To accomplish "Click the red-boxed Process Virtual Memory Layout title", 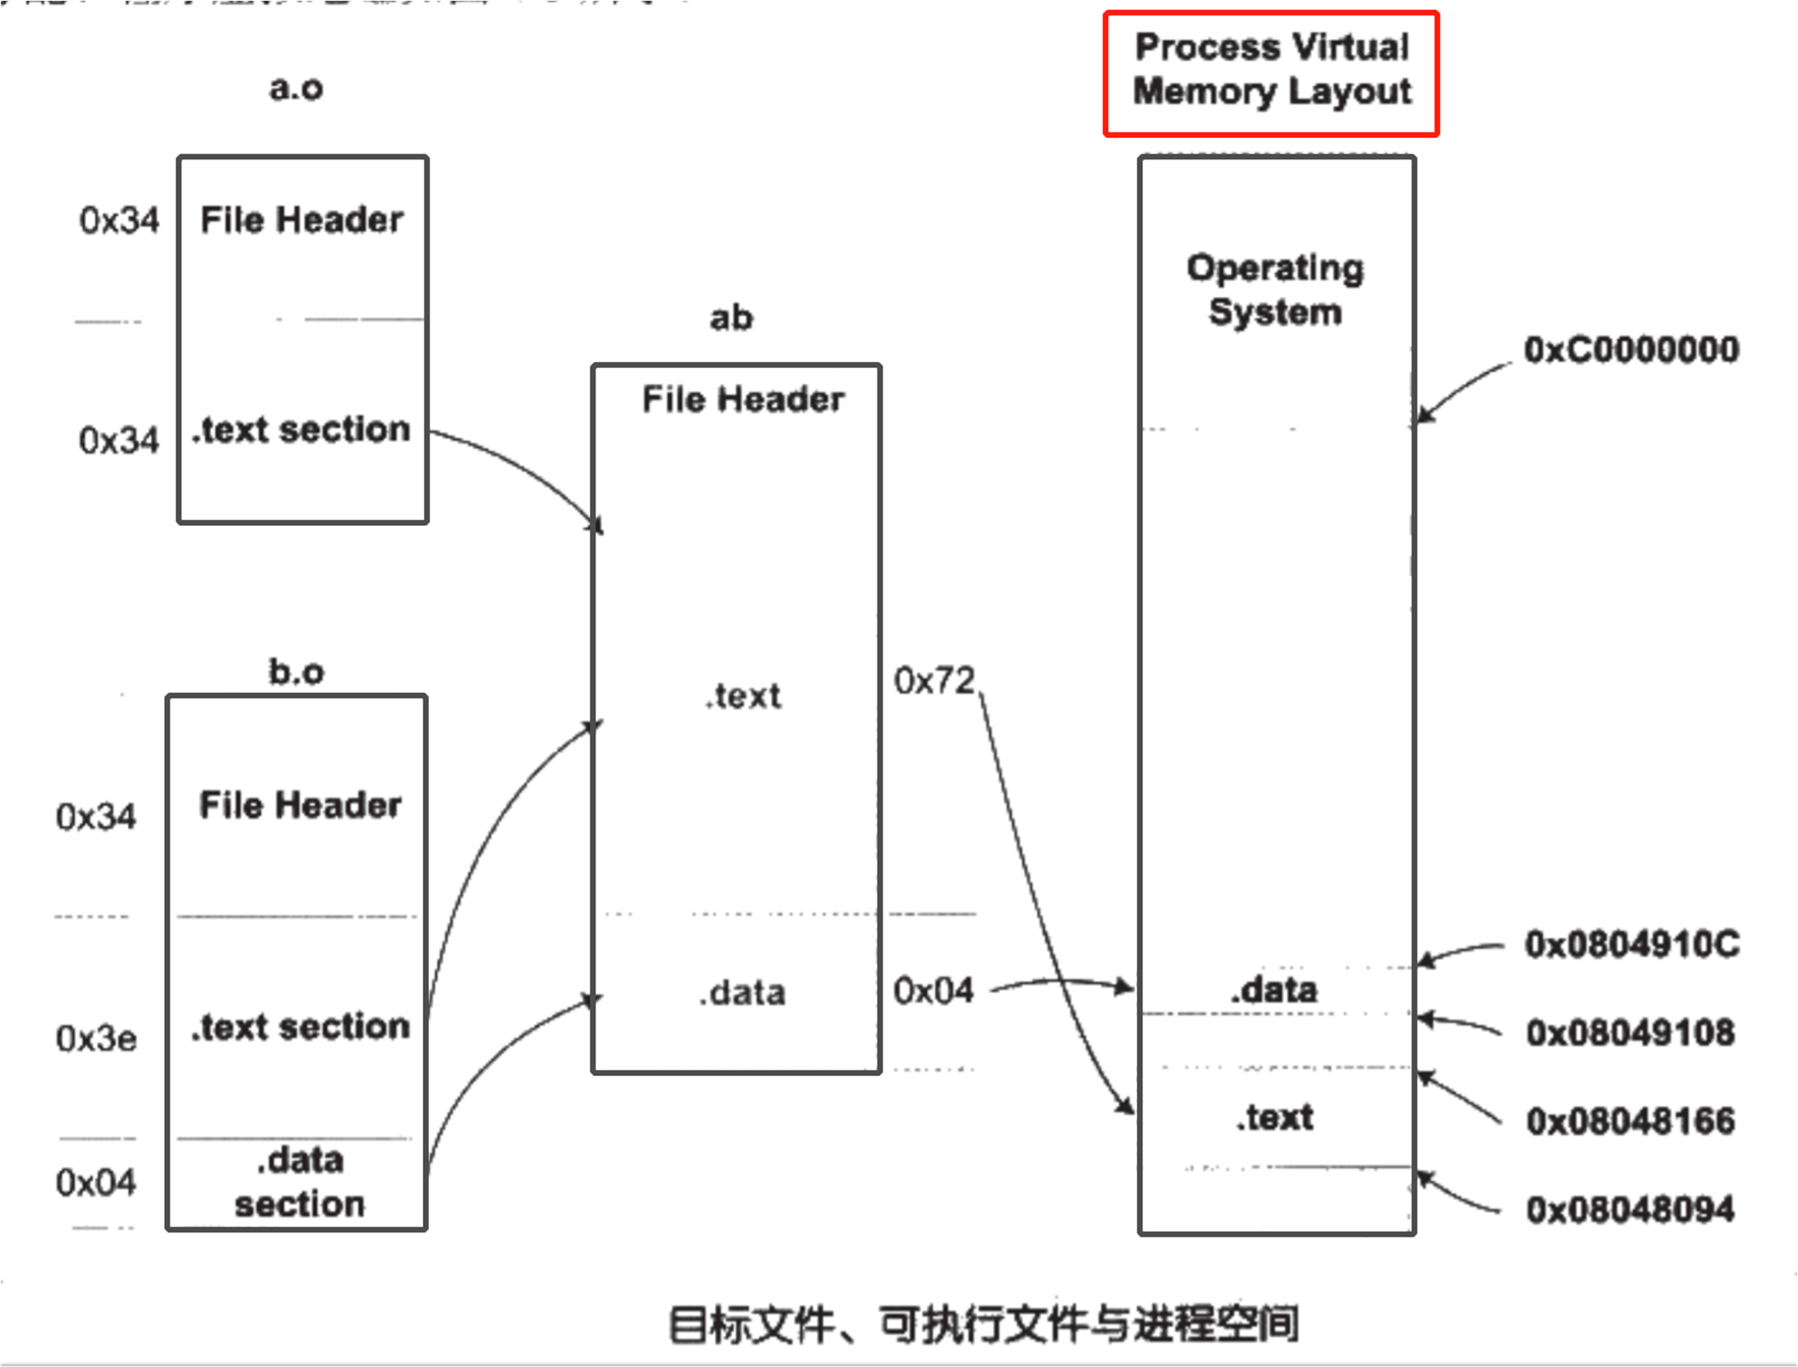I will tap(1271, 70).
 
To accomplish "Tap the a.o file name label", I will tap(296, 87).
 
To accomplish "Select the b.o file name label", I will tap(296, 672).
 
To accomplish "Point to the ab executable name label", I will tap(731, 318).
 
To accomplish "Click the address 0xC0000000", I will tap(1631, 350).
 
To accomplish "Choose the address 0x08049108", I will tap(1630, 1033).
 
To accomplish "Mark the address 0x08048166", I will tap(1630, 1121).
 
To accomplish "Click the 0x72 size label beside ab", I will tap(934, 681).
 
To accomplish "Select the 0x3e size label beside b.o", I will tap(96, 1038).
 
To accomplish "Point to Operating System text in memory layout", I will tap(1275, 290).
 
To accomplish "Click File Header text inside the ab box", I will tap(743, 399).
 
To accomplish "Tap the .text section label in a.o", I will tap(301, 430).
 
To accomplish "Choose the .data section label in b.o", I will tap(299, 1182).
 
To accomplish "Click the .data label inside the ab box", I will tap(742, 993).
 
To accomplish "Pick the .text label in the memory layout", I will tap(1275, 1117).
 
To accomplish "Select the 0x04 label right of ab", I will tap(933, 991).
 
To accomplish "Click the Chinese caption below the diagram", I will tap(983, 1323).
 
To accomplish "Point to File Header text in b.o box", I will tap(300, 804).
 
